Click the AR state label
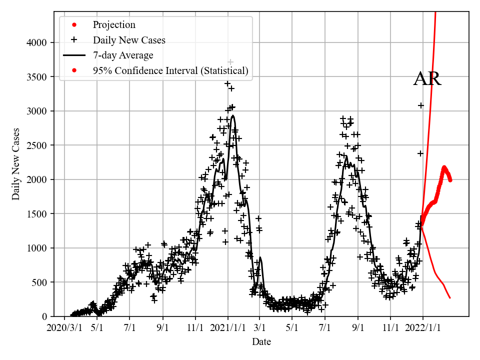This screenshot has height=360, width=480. point(427,79)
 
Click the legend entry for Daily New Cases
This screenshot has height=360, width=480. point(129,40)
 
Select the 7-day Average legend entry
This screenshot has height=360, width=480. point(123,55)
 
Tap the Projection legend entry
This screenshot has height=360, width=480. point(114,24)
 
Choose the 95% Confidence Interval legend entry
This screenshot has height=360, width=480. point(170,71)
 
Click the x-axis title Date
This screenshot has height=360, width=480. point(261,342)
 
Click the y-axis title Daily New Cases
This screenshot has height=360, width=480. point(16,164)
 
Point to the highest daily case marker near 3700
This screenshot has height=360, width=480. point(230,62)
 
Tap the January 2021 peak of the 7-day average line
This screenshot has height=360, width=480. point(233,115)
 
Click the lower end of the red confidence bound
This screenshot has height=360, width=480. point(450,298)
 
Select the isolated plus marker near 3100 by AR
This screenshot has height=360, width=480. point(421,105)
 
